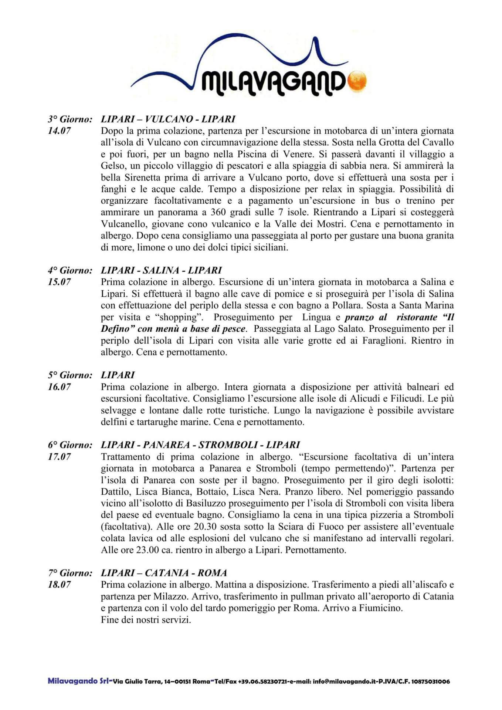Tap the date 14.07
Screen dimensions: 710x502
tap(59, 131)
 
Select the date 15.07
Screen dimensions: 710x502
tap(59, 282)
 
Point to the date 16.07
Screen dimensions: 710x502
tap(59, 387)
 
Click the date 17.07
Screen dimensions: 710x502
tap(59, 457)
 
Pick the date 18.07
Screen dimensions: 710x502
tap(59, 585)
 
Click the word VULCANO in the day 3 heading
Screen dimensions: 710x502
tap(169, 119)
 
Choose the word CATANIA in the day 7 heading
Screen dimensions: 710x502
tap(166, 573)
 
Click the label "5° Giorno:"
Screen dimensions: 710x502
tap(70, 375)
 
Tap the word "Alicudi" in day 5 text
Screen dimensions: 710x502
tap(364, 399)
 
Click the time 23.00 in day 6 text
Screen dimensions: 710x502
tap(147, 550)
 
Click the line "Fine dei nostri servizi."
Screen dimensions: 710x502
tap(146, 620)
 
